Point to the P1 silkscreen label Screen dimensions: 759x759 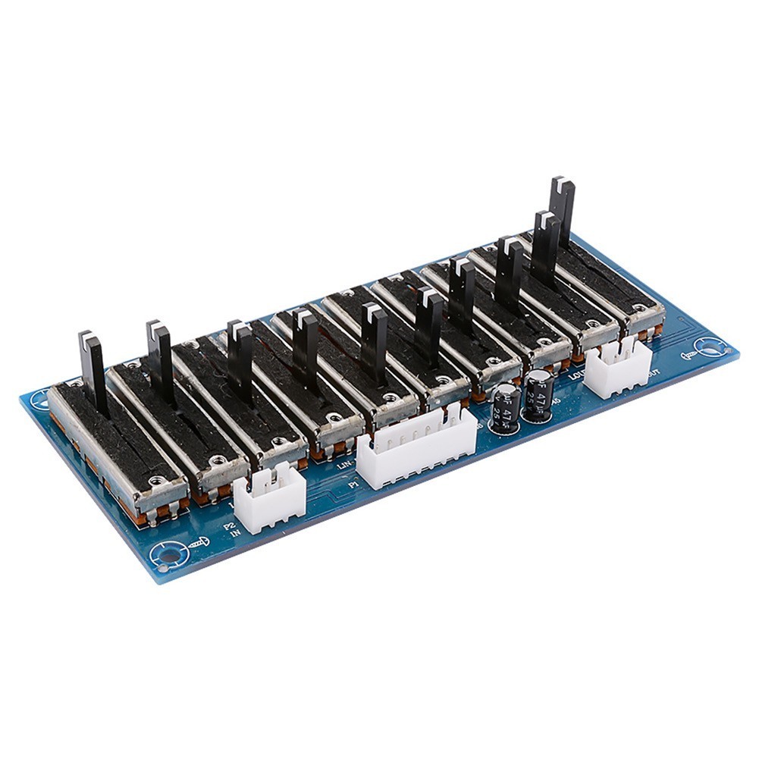(353, 483)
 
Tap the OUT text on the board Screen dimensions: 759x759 (654, 373)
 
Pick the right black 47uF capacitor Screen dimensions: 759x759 (538, 395)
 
